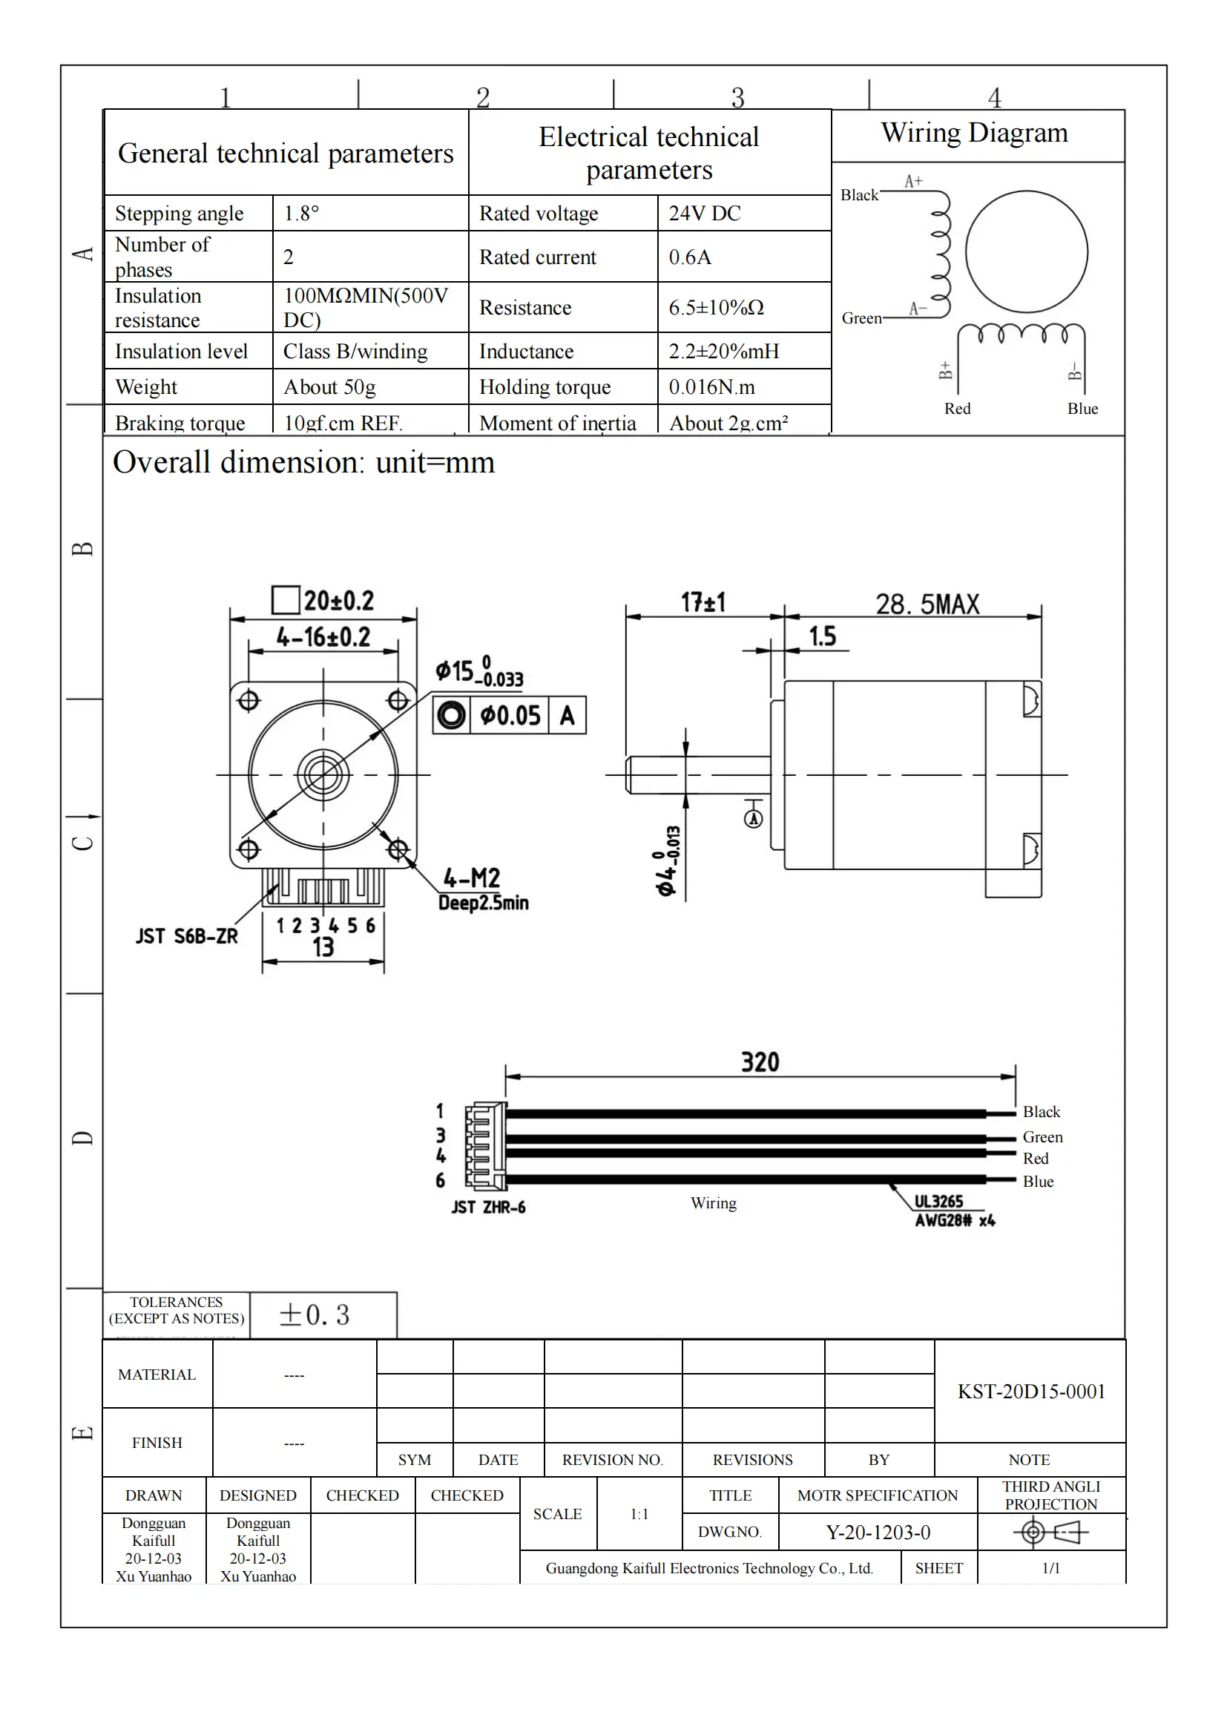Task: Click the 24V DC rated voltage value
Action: [x=704, y=214]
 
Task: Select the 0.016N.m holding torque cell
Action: [x=711, y=387]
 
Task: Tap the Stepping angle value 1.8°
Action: [x=301, y=214]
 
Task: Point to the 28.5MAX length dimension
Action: [x=927, y=604]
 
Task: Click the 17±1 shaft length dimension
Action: [x=703, y=602]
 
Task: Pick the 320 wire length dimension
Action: [x=760, y=1061]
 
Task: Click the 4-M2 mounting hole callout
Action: [x=472, y=878]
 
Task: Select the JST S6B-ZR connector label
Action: [x=187, y=936]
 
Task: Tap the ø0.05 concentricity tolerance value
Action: [x=510, y=715]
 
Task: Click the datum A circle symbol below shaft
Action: [x=753, y=818]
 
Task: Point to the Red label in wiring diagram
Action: [x=956, y=409]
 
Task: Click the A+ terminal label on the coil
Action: [x=913, y=181]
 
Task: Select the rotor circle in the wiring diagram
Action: [x=1026, y=251]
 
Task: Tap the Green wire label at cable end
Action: [x=1042, y=1137]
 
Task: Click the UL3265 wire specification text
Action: [x=938, y=1202]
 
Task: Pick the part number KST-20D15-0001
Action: [x=1030, y=1391]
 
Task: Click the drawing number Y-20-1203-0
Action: [x=877, y=1532]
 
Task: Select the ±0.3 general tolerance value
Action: [x=315, y=1315]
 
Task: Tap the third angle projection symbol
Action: [x=1050, y=1532]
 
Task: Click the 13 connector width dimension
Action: [x=323, y=946]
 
